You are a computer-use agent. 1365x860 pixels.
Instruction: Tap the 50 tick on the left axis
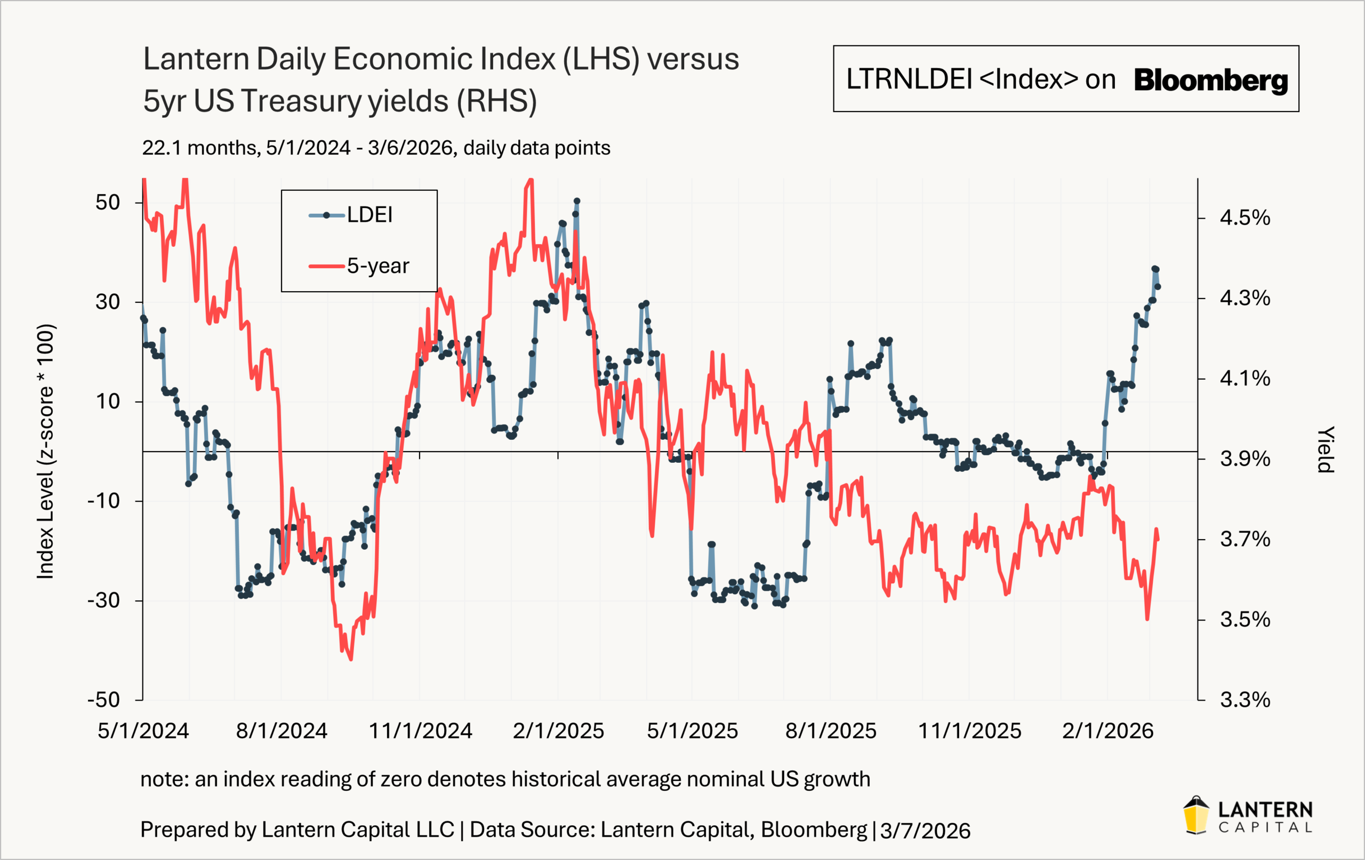(x=108, y=203)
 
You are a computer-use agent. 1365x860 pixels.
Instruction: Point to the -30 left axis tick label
(x=104, y=600)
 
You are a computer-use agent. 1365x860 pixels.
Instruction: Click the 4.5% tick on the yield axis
(x=1245, y=218)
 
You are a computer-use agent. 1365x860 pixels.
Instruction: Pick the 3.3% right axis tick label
(x=1245, y=700)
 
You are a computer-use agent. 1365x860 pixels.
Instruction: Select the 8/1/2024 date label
(x=282, y=731)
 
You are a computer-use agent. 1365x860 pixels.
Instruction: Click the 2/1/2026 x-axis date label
(x=1107, y=731)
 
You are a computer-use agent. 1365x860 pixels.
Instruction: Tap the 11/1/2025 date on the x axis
(x=969, y=731)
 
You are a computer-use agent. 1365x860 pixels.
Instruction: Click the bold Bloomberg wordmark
(x=1211, y=80)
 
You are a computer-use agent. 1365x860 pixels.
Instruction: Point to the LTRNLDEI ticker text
(x=909, y=79)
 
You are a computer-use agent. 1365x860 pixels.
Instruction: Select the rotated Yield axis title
(x=1325, y=449)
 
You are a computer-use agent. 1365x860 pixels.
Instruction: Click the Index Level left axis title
(x=45, y=451)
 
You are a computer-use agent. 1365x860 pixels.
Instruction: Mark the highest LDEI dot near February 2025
(x=576, y=201)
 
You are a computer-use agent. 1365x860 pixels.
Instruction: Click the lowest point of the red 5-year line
(x=351, y=660)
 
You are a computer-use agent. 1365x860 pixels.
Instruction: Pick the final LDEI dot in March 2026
(x=1158, y=287)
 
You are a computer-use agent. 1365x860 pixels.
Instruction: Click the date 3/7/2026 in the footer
(x=925, y=831)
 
